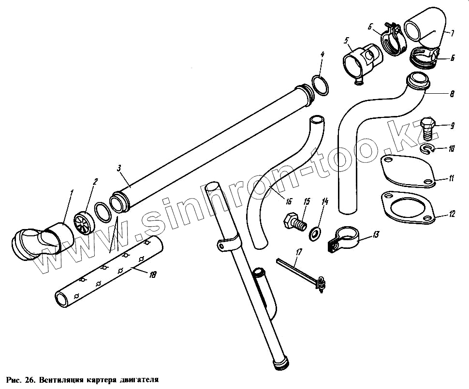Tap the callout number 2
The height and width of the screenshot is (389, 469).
(x=95, y=182)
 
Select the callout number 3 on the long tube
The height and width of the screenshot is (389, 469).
(x=119, y=168)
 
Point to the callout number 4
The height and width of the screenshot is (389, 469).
(x=322, y=55)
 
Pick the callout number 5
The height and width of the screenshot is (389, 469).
(x=347, y=40)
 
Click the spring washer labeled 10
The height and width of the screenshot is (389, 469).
(x=427, y=149)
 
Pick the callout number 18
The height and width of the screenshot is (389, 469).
(x=152, y=274)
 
